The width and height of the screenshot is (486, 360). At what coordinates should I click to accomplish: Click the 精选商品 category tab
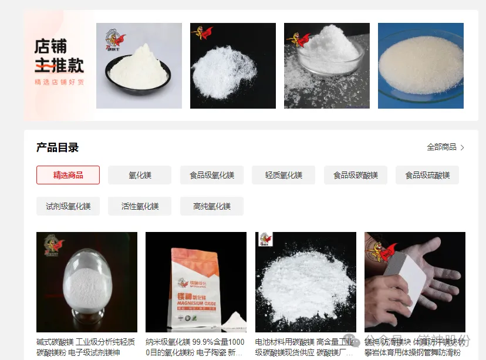pos(68,175)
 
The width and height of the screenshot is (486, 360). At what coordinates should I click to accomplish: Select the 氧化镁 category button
pos(140,175)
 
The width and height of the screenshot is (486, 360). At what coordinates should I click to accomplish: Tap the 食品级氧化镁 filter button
pos(212,175)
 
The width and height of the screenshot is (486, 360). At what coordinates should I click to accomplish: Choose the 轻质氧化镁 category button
pos(283,175)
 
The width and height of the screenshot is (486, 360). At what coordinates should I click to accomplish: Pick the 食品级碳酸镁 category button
pos(356,175)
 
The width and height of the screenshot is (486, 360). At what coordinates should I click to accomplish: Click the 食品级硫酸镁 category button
pos(427,175)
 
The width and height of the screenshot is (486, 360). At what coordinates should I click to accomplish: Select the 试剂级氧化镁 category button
pos(68,206)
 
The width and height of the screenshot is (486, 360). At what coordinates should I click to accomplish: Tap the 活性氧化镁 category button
pos(140,206)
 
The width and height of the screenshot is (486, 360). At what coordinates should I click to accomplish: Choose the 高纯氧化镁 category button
pos(212,206)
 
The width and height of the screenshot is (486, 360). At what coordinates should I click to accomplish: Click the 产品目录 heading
pos(58,147)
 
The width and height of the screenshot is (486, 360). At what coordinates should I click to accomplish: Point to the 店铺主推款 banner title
pos(59,56)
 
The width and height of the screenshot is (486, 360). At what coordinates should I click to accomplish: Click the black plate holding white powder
pos(139,73)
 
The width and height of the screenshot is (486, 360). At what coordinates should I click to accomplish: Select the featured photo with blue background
pos(420,66)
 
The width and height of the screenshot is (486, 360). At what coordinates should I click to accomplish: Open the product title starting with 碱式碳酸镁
pos(86,347)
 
